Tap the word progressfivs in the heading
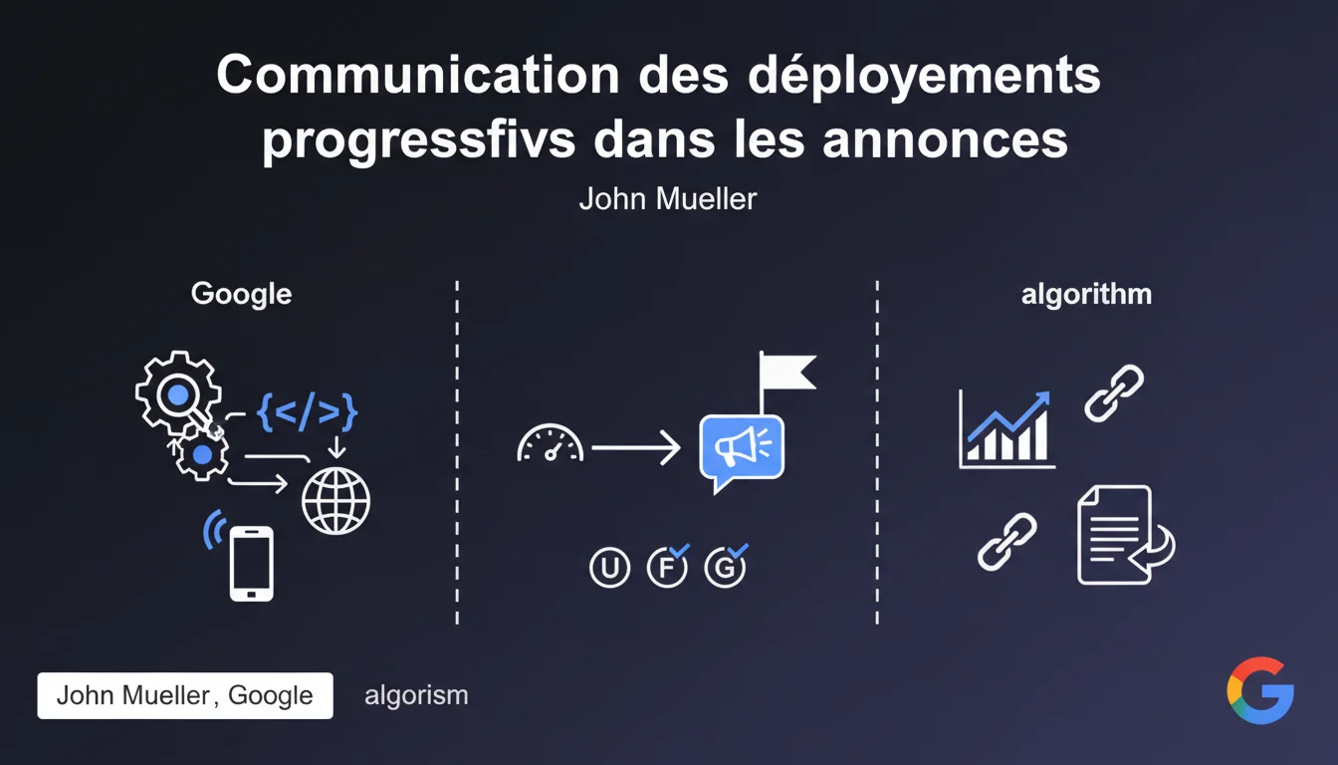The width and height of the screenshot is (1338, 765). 419,141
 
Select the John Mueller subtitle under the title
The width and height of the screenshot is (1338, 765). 668,199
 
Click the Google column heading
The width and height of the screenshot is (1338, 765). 241,295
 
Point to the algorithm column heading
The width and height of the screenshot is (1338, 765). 1086,295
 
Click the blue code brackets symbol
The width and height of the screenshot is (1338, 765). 307,411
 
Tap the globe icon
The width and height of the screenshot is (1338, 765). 335,501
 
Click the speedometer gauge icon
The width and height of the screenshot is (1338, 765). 551,443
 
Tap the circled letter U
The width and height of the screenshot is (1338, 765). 609,567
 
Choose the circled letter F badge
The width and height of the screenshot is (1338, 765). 667,567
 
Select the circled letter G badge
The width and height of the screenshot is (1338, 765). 725,567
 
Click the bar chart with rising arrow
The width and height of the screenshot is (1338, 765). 1006,429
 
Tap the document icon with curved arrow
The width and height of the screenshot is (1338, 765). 1124,535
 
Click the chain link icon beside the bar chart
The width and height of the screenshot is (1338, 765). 1114,393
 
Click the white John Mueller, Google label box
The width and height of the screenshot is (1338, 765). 185,695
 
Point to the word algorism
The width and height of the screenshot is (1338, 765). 416,695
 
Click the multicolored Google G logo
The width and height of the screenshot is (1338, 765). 1260,690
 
